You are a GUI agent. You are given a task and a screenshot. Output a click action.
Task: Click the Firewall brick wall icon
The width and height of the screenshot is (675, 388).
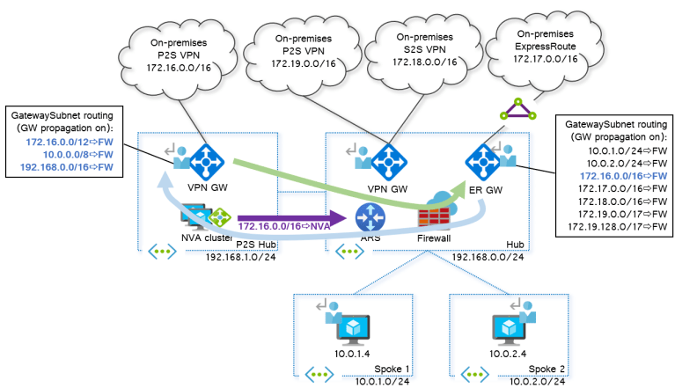click(434, 217)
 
